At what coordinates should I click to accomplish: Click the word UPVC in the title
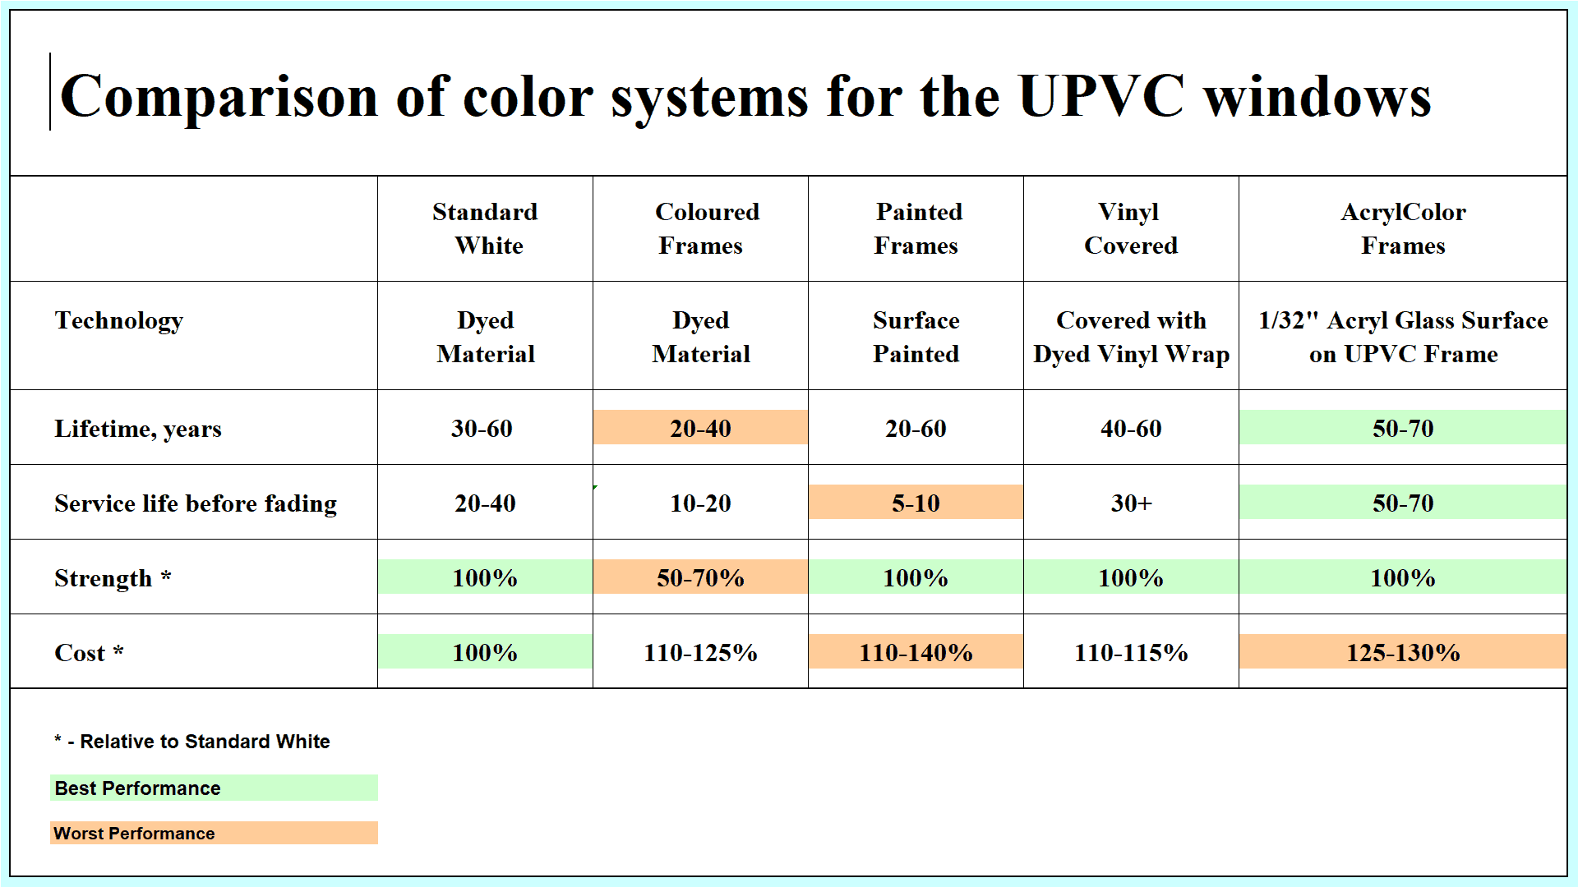click(x=1101, y=97)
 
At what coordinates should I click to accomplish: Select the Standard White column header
click(x=486, y=228)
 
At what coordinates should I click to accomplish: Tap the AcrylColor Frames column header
click(x=1403, y=228)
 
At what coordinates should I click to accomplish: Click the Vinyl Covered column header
click(x=1131, y=228)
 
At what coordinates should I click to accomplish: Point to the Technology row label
click(x=119, y=321)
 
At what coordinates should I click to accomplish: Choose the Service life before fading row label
click(x=196, y=503)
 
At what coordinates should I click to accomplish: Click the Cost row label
click(x=89, y=653)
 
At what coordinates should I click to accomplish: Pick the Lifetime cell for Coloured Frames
click(x=700, y=428)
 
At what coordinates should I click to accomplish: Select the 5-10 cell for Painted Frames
click(x=916, y=503)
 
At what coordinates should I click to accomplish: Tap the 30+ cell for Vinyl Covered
click(x=1131, y=503)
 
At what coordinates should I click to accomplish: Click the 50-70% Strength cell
click(x=700, y=577)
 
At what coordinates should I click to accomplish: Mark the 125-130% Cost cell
click(x=1403, y=652)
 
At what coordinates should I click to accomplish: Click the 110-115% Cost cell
click(x=1131, y=653)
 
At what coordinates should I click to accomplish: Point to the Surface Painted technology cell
click(x=916, y=337)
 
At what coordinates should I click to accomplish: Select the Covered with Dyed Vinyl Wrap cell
click(x=1131, y=337)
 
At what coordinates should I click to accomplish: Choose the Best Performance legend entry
click(x=214, y=788)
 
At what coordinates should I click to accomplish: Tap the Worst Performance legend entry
click(x=214, y=833)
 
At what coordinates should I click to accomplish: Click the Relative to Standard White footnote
click(x=192, y=742)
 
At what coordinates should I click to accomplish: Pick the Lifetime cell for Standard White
click(x=482, y=429)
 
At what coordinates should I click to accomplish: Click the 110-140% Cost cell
click(x=916, y=652)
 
